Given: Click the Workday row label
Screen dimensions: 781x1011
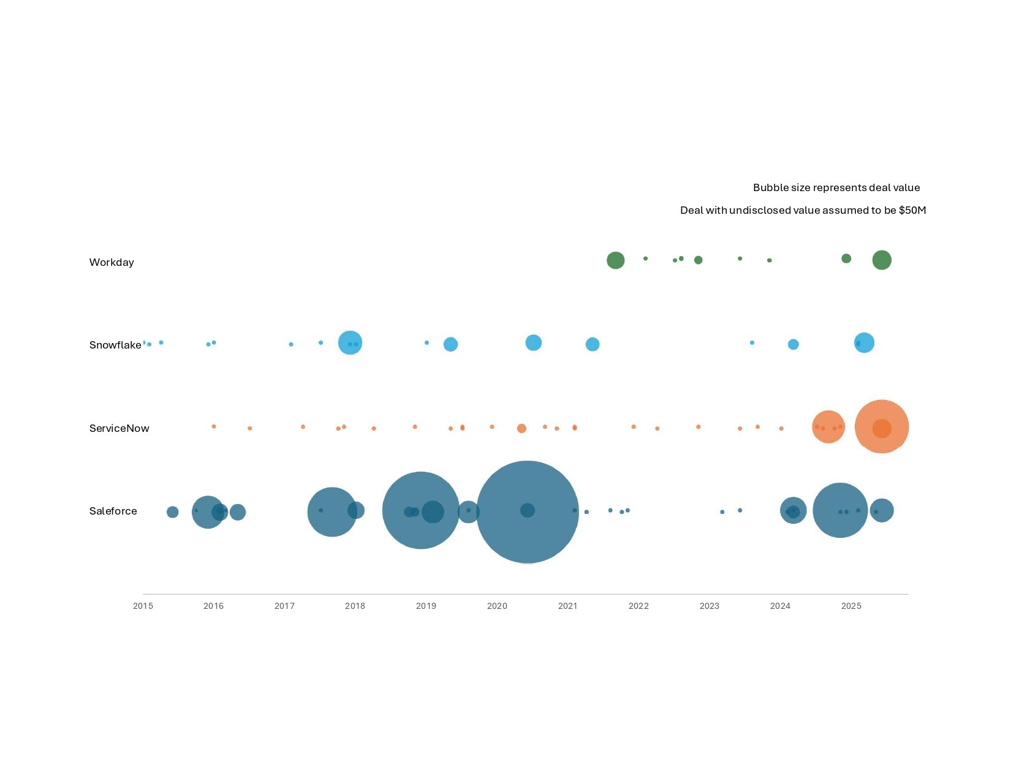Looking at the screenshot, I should click(112, 262).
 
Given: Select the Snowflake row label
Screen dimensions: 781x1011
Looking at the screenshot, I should click(115, 345).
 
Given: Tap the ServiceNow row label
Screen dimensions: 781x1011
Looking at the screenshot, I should click(119, 428).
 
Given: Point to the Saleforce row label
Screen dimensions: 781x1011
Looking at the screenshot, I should click(113, 511).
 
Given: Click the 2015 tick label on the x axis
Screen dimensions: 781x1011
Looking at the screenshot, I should click(143, 606).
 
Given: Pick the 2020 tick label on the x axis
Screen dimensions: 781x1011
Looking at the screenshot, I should click(497, 606).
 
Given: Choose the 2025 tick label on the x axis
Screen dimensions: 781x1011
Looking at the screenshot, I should click(851, 606).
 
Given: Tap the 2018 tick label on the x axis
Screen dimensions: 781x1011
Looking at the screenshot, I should click(355, 606).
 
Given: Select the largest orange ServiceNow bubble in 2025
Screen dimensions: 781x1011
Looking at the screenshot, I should click(882, 410).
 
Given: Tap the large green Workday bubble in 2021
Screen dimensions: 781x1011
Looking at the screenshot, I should click(615, 260).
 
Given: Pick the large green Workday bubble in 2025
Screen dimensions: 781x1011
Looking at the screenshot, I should click(882, 260).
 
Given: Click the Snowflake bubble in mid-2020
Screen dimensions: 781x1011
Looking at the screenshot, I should click(534, 343).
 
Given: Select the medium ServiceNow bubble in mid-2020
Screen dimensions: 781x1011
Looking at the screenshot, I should click(521, 428).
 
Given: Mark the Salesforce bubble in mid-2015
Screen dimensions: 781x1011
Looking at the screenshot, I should click(173, 512).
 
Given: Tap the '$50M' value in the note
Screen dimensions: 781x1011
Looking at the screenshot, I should click(912, 210).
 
